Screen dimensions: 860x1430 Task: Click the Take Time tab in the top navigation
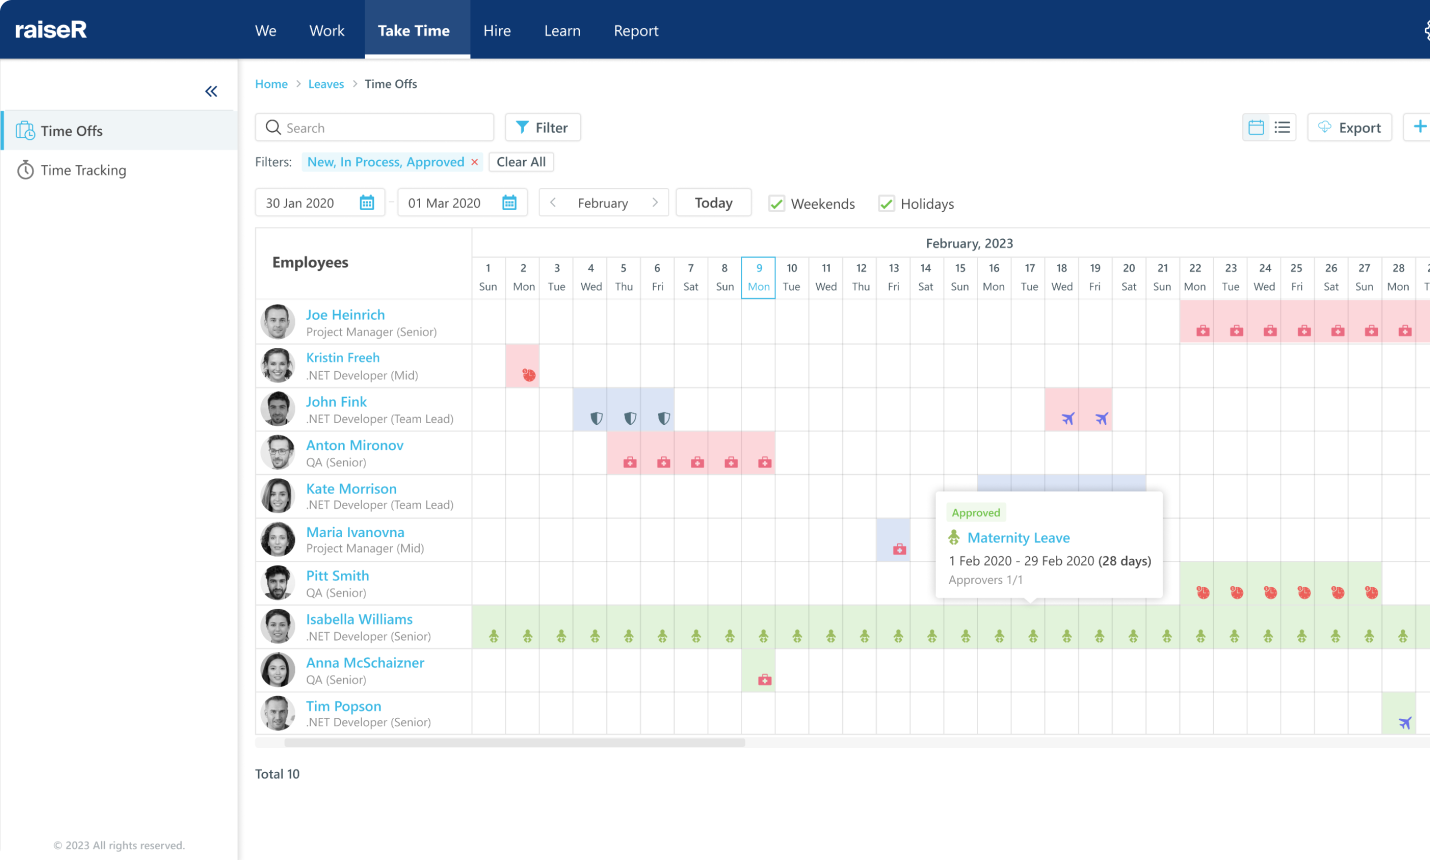[413, 30]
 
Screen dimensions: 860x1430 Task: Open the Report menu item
[635, 30]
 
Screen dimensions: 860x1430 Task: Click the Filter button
[542, 127]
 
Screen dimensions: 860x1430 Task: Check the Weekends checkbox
[776, 204]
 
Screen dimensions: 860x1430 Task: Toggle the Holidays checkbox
[886, 204]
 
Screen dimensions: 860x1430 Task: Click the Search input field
[382, 127]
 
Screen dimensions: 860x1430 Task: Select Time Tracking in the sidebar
[83, 170]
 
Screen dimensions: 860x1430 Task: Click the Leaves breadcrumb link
[325, 84]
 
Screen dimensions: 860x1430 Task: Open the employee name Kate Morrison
[351, 488]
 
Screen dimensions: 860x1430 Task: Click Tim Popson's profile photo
[277, 713]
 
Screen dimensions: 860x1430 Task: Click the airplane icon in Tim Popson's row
[1404, 722]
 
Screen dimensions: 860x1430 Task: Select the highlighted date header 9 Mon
[758, 277]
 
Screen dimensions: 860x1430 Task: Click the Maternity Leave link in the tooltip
[1018, 538]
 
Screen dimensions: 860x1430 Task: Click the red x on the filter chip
[474, 162]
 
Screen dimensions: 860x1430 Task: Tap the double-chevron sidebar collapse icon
[211, 91]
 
